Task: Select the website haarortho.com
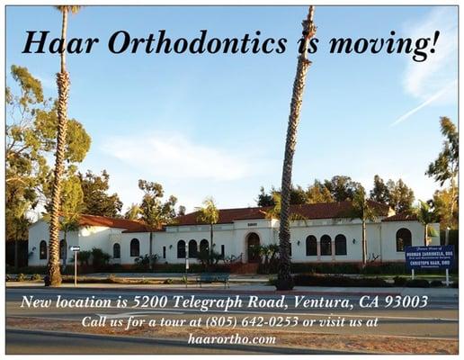click(x=232, y=339)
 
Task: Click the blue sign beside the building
click(x=429, y=256)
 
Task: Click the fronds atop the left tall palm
click(x=66, y=9)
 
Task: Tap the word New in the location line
click(x=35, y=301)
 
